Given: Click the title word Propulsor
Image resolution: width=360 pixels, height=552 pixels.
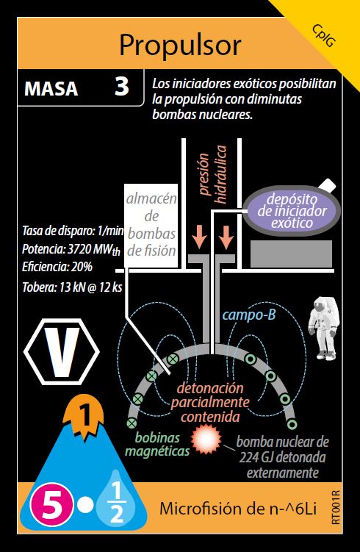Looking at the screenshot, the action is [180, 46].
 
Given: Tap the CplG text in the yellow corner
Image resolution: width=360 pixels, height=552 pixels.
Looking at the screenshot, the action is [324, 36].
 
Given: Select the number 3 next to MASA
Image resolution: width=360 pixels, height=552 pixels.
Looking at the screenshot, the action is [122, 87].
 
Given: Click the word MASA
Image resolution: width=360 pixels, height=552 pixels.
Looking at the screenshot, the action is [51, 88].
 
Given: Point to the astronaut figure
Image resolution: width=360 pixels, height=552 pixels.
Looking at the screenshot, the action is [323, 329].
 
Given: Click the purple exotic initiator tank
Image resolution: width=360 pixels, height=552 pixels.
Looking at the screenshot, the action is [292, 211].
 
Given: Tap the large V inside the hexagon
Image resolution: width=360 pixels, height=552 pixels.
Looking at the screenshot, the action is [62, 351].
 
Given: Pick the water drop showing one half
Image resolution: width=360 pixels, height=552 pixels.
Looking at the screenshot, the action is [116, 499].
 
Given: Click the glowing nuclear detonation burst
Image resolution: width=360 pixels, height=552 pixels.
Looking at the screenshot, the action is [206, 439].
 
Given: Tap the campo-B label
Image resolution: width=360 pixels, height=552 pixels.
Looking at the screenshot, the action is [249, 315].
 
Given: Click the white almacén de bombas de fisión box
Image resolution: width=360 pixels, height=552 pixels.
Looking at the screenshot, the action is [151, 226].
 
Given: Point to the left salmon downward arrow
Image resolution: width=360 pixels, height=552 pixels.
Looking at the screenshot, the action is [199, 236].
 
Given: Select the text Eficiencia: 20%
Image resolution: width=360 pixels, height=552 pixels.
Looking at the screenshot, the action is [57, 267].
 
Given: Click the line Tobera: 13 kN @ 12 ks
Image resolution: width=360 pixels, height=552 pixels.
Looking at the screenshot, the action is [72, 287].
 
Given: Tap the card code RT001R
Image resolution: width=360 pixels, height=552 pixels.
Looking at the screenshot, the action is [336, 507].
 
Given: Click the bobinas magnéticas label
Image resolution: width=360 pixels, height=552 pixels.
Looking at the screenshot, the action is [157, 444].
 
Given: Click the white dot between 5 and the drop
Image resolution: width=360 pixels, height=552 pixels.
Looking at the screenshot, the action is [85, 506].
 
